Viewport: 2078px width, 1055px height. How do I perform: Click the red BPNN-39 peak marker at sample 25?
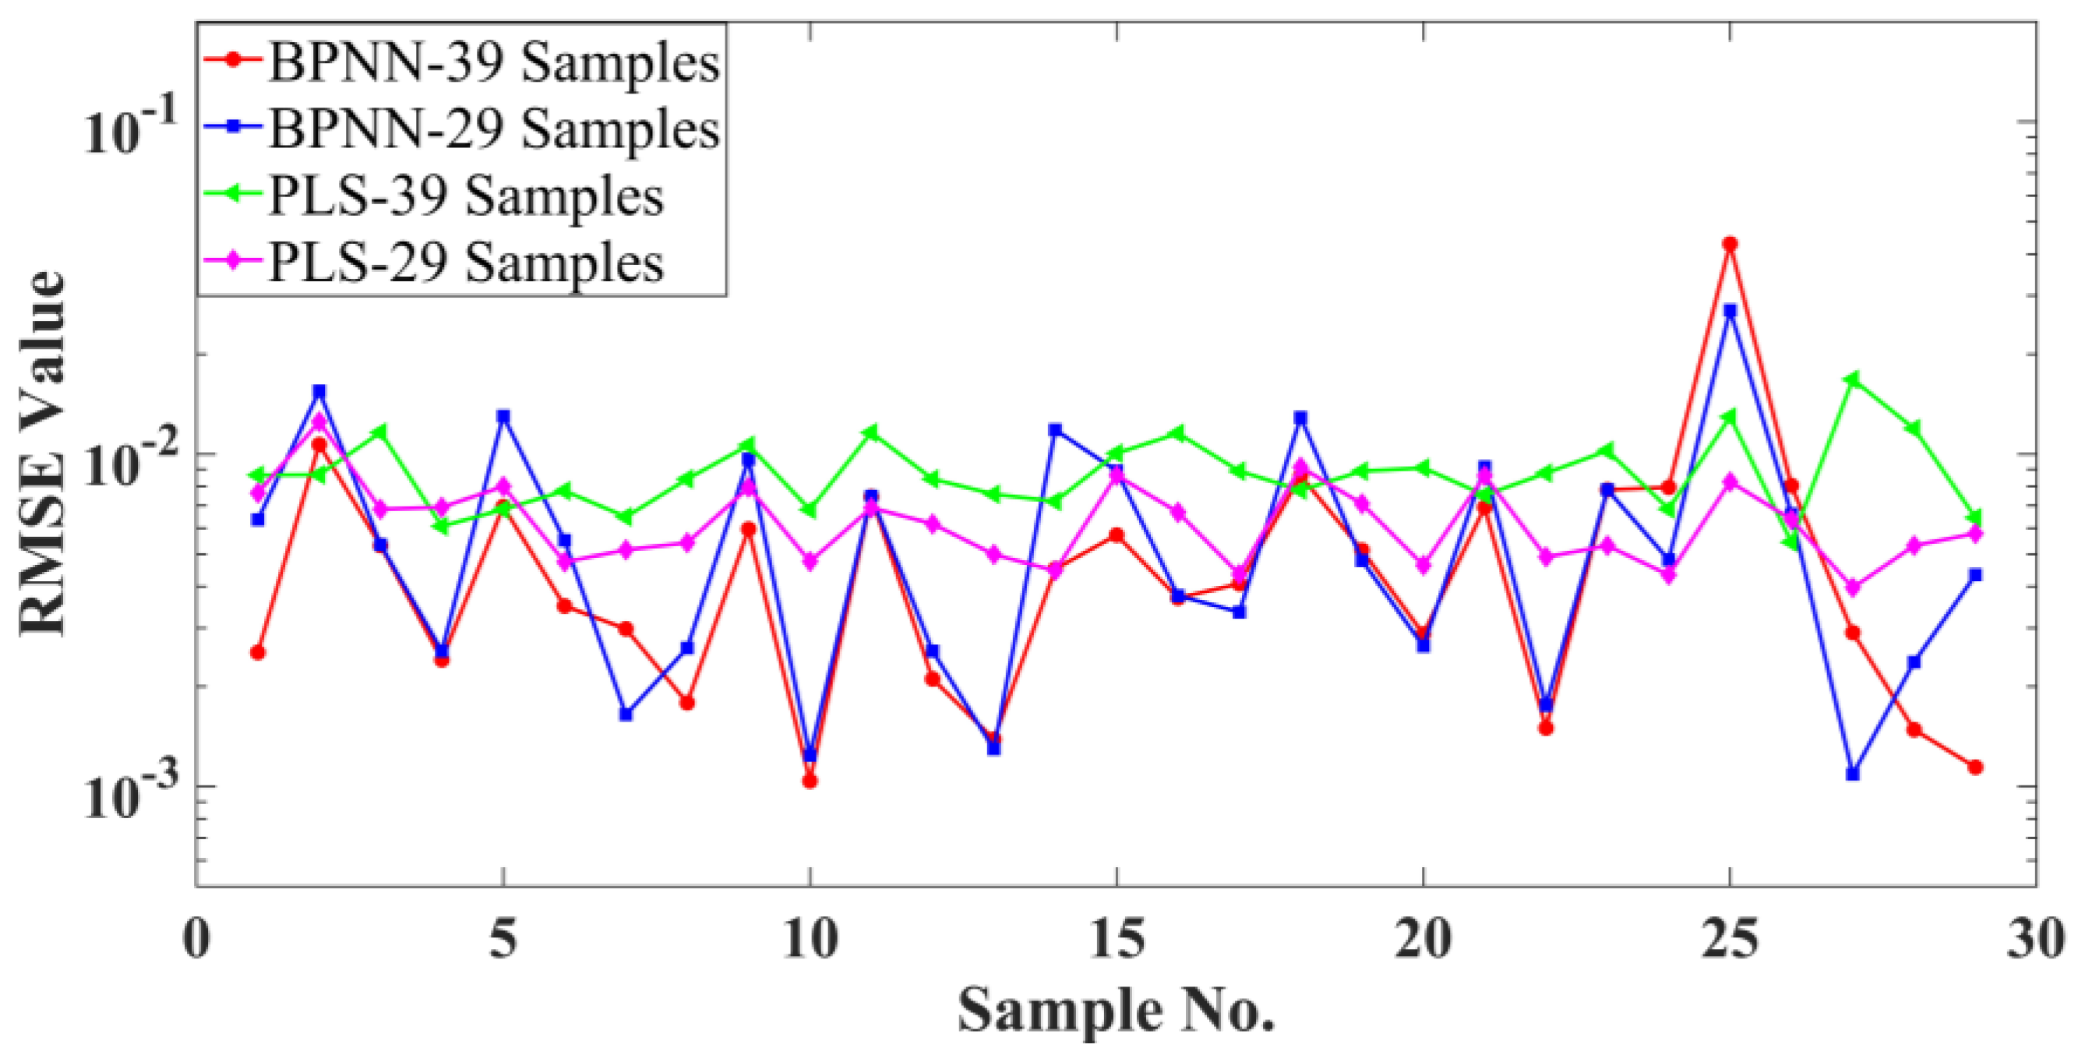click(1730, 244)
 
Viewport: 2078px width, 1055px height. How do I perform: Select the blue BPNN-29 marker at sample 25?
click(1730, 310)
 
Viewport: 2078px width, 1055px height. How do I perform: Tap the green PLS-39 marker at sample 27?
click(1852, 378)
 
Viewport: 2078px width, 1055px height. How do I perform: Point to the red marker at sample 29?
click(1974, 767)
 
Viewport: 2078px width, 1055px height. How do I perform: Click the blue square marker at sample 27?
click(1852, 774)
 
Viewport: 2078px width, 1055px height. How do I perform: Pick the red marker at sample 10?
click(810, 780)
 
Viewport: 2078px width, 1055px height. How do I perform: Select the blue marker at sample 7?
click(626, 714)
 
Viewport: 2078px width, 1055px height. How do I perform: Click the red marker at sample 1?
click(258, 651)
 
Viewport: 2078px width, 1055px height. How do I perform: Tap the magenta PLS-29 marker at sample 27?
click(1852, 587)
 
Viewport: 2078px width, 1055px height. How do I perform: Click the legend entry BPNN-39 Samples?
click(494, 62)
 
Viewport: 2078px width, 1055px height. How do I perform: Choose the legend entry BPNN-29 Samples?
click(494, 129)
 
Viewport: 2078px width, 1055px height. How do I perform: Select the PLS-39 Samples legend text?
click(466, 196)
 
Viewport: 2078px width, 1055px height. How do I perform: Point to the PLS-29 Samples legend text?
click(466, 263)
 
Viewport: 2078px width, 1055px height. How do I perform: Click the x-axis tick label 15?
click(1117, 940)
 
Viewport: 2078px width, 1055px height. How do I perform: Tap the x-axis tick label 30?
click(2036, 940)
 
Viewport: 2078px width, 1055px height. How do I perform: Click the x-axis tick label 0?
click(197, 940)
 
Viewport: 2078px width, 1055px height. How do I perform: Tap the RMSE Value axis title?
click(42, 453)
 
